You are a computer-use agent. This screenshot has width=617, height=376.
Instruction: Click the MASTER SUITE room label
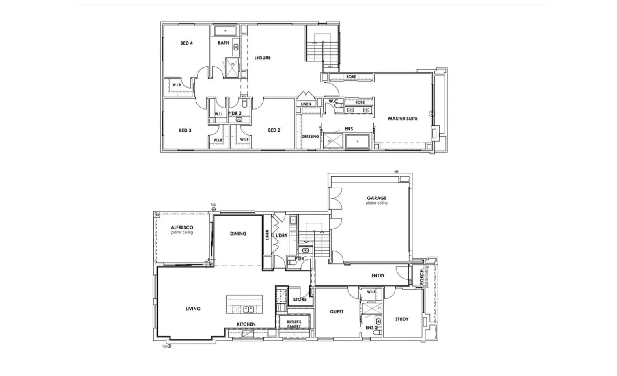pos(402,119)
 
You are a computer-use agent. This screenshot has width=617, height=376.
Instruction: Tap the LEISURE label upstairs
pos(262,58)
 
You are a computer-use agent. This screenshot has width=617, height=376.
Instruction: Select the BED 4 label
pos(186,43)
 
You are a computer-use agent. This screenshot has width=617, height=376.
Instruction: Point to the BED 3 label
pos(185,130)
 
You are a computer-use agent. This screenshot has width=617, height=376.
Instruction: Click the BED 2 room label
pos(274,130)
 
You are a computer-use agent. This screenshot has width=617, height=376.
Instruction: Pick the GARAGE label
pos(377,198)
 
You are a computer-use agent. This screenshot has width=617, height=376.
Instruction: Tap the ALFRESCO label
pos(182,228)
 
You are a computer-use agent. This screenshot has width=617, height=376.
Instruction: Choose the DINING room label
pos(238,233)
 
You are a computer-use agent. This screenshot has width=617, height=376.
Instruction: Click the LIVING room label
pos(193,309)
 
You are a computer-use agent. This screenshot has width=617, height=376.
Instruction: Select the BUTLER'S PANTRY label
pos(294,324)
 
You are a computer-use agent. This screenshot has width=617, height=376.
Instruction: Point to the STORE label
pos(300,300)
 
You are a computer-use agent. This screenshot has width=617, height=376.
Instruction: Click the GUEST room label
pos(337,312)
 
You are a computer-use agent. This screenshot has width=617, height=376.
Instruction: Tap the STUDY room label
pos(402,319)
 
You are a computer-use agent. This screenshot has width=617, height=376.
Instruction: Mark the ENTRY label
pos(378,276)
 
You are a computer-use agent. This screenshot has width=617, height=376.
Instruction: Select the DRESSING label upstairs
pos(310,136)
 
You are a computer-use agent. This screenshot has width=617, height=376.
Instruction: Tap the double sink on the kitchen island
pos(248,309)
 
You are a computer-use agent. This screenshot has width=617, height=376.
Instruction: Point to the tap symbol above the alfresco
pos(214,209)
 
